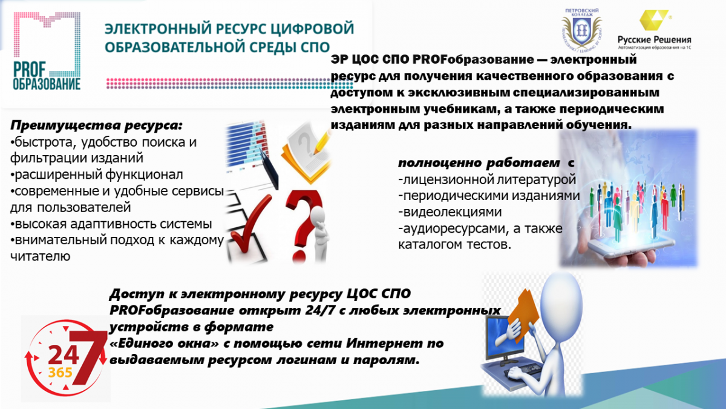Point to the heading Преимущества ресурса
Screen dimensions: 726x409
point(96,125)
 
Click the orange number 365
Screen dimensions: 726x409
point(60,372)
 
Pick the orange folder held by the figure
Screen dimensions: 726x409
point(523,315)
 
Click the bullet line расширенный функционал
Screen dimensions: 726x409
point(97,175)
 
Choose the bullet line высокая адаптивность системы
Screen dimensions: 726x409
point(111,224)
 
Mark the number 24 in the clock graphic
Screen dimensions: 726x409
point(64,355)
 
